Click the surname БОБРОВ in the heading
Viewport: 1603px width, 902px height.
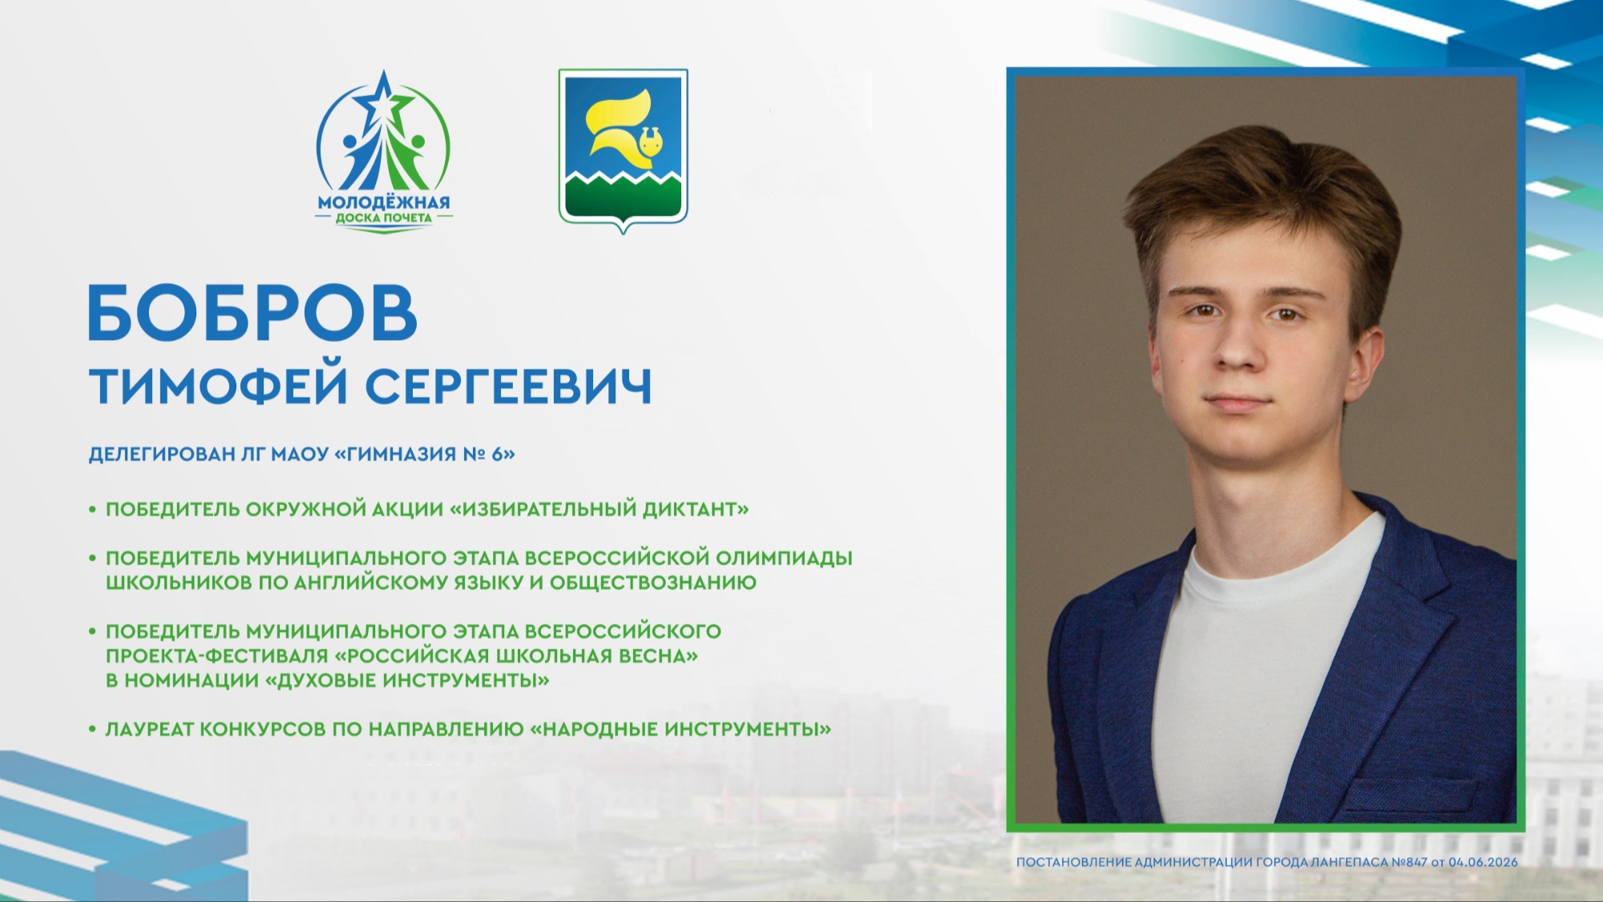[252, 313]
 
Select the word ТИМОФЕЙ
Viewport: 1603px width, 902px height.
[219, 386]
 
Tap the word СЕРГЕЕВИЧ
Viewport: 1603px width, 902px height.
[509, 387]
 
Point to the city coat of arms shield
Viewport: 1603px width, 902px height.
[624, 150]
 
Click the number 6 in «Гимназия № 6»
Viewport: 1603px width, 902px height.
[497, 454]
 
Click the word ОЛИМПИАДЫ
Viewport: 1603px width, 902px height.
[784, 558]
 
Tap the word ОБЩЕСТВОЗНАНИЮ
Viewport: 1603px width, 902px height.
[652, 583]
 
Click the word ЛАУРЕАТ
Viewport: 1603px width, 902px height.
[149, 730]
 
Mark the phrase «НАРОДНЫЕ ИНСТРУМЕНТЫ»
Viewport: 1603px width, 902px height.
[680, 730]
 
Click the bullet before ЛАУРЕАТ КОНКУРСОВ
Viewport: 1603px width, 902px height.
[93, 730]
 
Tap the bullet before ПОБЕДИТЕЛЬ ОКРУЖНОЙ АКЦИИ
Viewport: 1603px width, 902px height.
[93, 509]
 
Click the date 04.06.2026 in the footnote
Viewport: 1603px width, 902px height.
[1483, 862]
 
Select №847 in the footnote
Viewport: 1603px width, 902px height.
[1409, 862]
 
